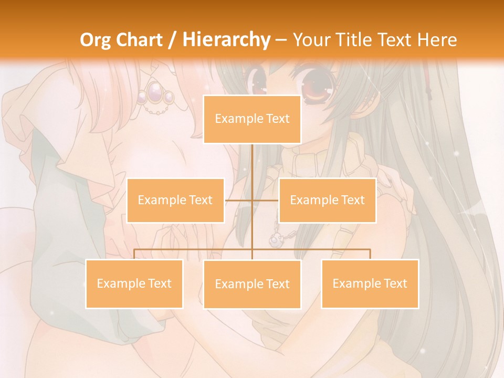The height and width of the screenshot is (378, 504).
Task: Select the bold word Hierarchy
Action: point(226,40)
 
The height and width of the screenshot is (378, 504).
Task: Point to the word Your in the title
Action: point(310,40)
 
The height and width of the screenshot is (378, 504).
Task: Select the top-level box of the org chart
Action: point(252,119)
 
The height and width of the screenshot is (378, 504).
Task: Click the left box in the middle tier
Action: point(175,200)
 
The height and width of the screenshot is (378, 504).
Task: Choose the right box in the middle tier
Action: point(327,200)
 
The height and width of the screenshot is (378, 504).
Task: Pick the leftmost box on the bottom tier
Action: point(134,283)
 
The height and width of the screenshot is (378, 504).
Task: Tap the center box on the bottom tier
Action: point(252,284)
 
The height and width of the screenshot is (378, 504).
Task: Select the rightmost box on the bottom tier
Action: point(370,283)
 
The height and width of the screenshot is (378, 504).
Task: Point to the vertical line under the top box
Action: point(252,168)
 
